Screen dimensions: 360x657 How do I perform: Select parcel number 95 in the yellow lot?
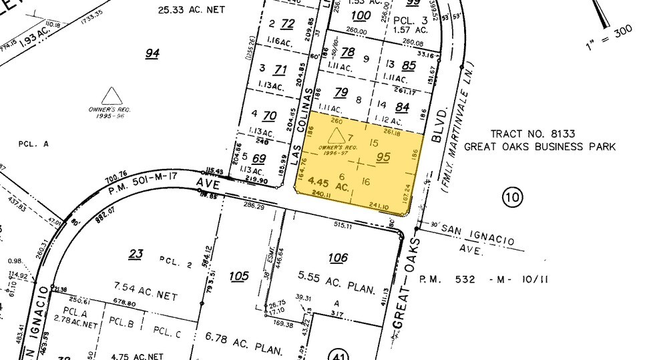(383, 158)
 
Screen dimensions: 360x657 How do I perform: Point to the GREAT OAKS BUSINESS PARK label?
(539, 147)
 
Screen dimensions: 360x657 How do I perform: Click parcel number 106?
(339, 258)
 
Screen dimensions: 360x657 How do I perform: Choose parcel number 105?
(238, 276)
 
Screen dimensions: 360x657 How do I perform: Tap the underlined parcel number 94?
(153, 53)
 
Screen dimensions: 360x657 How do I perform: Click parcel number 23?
(136, 254)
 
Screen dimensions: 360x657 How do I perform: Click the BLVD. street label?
(438, 124)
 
